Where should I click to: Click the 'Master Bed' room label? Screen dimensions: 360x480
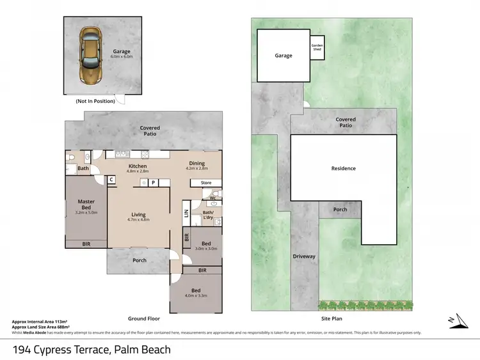86,204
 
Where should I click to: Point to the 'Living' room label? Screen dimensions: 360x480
138,215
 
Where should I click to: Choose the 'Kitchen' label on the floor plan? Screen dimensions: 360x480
137,166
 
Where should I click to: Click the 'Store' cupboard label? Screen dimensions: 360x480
205,183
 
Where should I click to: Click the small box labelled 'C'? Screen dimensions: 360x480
111,180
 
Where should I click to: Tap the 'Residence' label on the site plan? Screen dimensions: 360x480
343,168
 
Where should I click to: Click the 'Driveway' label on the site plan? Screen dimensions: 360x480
304,256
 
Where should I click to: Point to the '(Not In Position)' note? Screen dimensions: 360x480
95,101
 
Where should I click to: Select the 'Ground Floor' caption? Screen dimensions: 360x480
144,318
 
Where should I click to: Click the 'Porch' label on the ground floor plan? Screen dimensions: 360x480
140,260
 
